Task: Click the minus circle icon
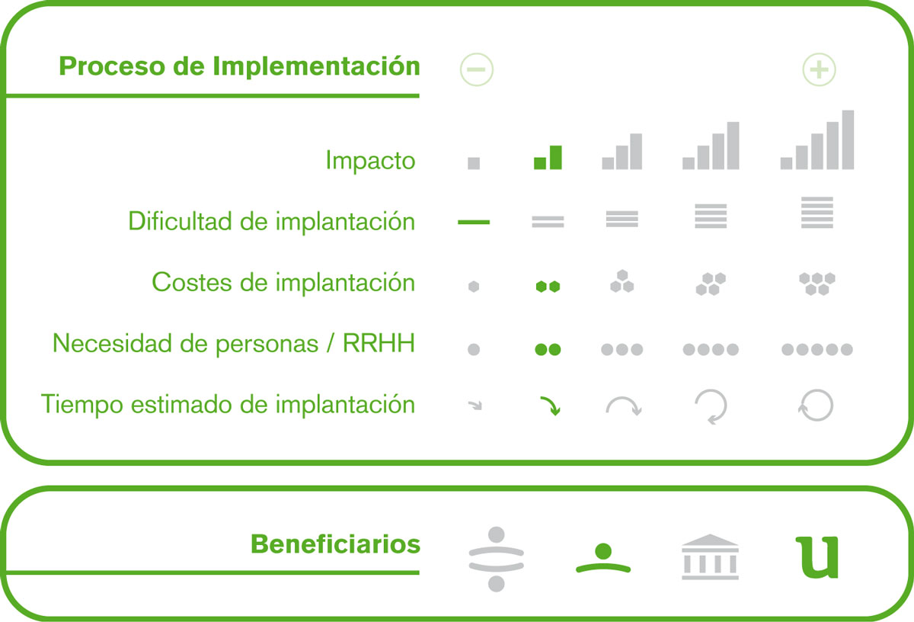click(477, 69)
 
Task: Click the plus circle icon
click(819, 69)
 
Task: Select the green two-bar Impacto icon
click(548, 157)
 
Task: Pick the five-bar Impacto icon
click(817, 139)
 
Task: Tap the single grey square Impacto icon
click(474, 163)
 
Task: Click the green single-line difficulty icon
click(474, 222)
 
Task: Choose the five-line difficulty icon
click(817, 213)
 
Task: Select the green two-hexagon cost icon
click(548, 287)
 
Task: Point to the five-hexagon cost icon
click(817, 284)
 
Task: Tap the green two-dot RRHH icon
click(548, 350)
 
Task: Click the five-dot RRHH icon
click(817, 350)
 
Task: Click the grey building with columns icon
click(710, 556)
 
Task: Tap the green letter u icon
click(817, 557)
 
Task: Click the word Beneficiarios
click(335, 544)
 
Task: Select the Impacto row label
click(370, 161)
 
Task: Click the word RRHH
click(379, 343)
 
